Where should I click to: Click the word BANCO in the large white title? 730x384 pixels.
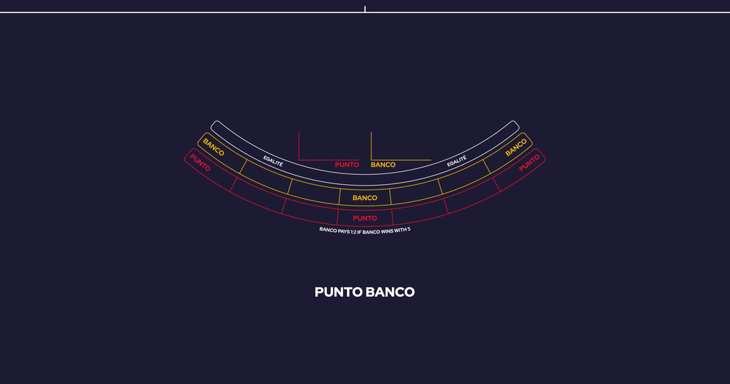point(390,292)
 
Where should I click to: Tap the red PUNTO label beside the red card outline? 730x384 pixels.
point(347,164)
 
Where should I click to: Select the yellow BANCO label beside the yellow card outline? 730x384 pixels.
point(383,164)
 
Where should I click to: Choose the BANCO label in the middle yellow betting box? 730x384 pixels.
point(364,198)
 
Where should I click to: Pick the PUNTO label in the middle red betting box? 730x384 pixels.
point(364,218)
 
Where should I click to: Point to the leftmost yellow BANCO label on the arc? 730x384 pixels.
point(214,147)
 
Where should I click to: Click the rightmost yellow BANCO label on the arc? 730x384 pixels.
point(516,148)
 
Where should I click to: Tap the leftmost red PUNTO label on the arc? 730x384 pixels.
point(200,163)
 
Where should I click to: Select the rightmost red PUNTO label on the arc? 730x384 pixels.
point(530,163)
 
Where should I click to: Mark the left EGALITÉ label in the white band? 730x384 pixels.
point(273,161)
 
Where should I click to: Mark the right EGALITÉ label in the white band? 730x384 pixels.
point(457,161)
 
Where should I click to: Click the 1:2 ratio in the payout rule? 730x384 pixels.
point(354,231)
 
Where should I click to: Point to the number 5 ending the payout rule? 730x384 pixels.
point(408,229)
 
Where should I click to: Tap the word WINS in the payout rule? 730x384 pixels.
point(387,231)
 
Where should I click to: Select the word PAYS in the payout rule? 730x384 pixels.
point(344,231)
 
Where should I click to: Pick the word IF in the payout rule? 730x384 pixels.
point(359,231)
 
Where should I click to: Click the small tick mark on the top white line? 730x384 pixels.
point(365,9)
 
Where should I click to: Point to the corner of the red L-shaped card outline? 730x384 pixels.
point(299,160)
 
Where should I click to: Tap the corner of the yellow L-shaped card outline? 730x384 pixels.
point(371,160)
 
